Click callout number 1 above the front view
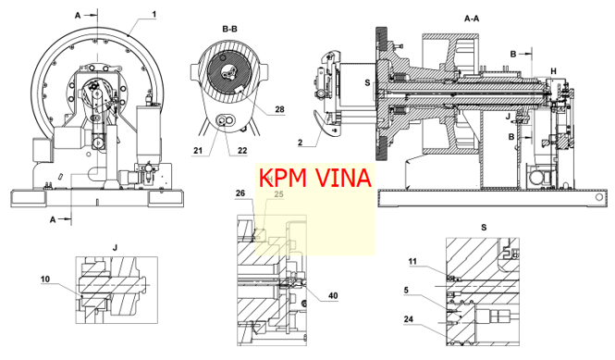[154, 15]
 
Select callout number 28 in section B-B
[279, 109]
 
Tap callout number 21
[198, 150]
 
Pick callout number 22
[242, 150]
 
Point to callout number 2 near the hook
[300, 143]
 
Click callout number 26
[240, 193]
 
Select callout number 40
[333, 295]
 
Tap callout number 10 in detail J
[45, 279]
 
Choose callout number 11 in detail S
[412, 262]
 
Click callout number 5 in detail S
[406, 290]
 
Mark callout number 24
[409, 319]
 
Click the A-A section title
[472, 19]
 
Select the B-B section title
[229, 29]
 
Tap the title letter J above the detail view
[115, 248]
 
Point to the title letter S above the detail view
[484, 228]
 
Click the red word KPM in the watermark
[282, 178]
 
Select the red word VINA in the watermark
[343, 178]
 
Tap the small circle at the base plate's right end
[599, 197]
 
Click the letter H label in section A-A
[553, 71]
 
